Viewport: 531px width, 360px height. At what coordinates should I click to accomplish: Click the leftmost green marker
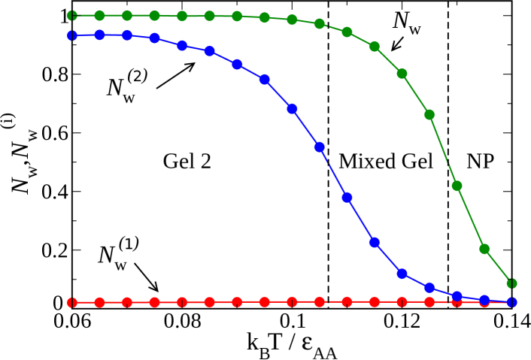(x=72, y=16)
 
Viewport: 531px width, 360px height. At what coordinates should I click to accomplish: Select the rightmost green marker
(x=511, y=283)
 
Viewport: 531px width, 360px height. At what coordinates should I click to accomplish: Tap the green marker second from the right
(x=484, y=249)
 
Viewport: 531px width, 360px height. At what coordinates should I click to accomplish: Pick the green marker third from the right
(x=457, y=186)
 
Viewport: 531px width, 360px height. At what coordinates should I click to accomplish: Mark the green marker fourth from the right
(x=429, y=115)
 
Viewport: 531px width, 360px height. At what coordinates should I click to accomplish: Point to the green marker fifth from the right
(x=402, y=74)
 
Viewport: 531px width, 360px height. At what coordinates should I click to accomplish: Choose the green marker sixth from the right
(x=375, y=47)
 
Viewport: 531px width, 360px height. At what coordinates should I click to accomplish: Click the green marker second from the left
(x=99, y=16)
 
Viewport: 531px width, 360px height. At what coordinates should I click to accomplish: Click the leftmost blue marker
(x=72, y=35)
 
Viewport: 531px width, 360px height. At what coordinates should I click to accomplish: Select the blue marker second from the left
(x=99, y=35)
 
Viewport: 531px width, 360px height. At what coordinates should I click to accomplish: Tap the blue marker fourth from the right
(x=429, y=287)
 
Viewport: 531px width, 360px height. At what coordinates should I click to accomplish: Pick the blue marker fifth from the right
(x=402, y=274)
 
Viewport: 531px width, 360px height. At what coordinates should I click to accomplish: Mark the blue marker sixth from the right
(x=375, y=242)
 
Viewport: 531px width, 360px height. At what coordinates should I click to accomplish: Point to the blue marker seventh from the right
(x=347, y=198)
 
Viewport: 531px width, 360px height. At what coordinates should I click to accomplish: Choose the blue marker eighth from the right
(x=320, y=147)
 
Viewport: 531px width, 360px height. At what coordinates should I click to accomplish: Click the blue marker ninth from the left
(x=292, y=109)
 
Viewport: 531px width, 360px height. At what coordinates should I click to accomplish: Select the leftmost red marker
(x=72, y=302)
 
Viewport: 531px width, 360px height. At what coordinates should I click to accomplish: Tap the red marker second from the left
(x=99, y=302)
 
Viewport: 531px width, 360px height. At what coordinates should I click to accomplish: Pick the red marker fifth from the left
(x=182, y=302)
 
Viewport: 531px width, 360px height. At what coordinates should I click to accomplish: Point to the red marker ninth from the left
(x=292, y=301)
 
